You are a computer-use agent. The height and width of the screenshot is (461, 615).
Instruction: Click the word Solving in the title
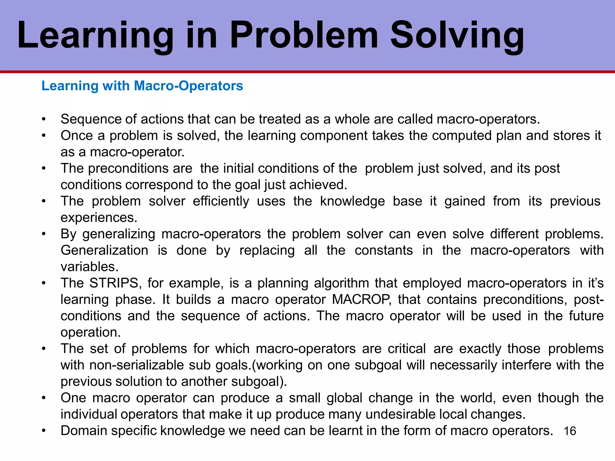[x=457, y=35]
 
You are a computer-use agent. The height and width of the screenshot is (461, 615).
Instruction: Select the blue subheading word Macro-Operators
[x=188, y=86]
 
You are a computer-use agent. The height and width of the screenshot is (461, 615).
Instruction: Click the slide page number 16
[x=570, y=431]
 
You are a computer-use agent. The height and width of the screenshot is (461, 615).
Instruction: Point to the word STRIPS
[x=114, y=283]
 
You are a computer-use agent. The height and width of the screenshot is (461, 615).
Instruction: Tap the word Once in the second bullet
[x=77, y=136]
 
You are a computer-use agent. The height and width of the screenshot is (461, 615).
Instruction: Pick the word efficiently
[x=221, y=201]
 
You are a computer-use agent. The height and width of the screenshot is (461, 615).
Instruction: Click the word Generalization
[x=104, y=250]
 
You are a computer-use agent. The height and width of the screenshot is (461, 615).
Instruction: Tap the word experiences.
[x=99, y=218]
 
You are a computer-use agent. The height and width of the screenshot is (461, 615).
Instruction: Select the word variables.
[x=89, y=267]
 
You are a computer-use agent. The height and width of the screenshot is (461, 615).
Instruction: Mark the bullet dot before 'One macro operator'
[x=44, y=398]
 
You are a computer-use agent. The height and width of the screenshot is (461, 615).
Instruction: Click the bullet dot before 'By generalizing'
[x=44, y=234]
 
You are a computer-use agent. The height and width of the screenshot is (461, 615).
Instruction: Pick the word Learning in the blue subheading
[x=70, y=86]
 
